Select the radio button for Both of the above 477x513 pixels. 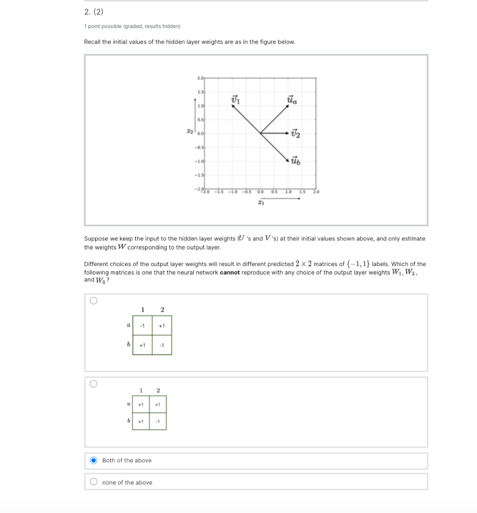[93, 460]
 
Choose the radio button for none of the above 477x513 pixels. [93, 482]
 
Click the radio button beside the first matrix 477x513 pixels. [93, 301]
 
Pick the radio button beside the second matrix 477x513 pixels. [93, 384]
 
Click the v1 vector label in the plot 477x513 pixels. [235, 100]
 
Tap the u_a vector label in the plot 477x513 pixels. [292, 100]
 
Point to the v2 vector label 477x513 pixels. [296, 133]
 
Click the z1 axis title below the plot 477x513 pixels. [261, 202]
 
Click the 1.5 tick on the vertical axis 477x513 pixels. [200, 92]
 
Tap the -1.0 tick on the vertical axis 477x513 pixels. [199, 161]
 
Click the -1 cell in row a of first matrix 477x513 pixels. [142, 326]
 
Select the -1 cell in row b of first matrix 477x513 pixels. [161, 345]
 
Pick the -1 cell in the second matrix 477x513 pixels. [158, 421]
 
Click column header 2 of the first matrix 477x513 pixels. [162, 309]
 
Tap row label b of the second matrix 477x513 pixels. [129, 421]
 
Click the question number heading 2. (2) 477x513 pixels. [93, 12]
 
